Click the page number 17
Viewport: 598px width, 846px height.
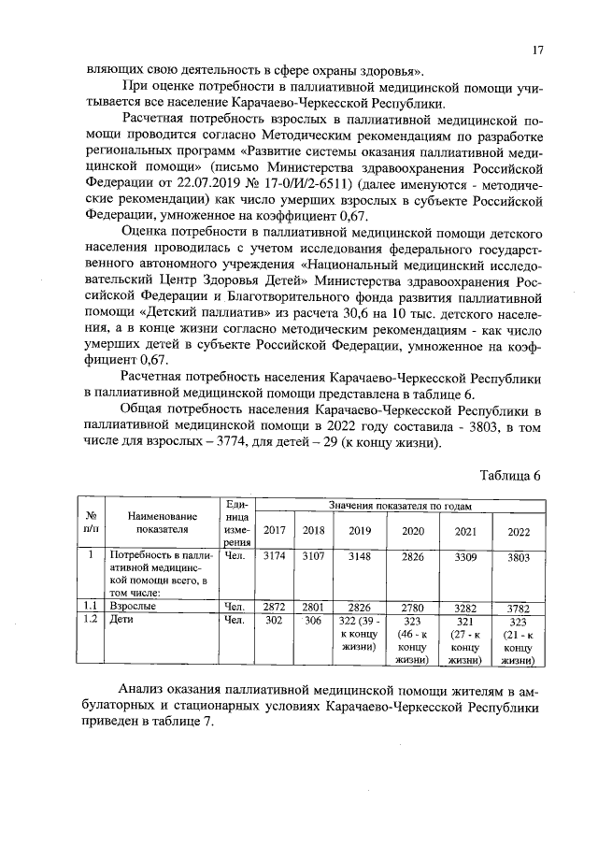(x=538, y=51)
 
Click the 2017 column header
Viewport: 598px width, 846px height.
(x=275, y=531)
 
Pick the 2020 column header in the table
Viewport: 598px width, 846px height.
(x=412, y=531)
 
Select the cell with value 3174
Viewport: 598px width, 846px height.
(x=275, y=555)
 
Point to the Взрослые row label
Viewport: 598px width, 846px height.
(x=133, y=607)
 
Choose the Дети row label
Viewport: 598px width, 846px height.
(x=122, y=619)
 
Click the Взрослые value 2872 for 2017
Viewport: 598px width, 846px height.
(x=275, y=607)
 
